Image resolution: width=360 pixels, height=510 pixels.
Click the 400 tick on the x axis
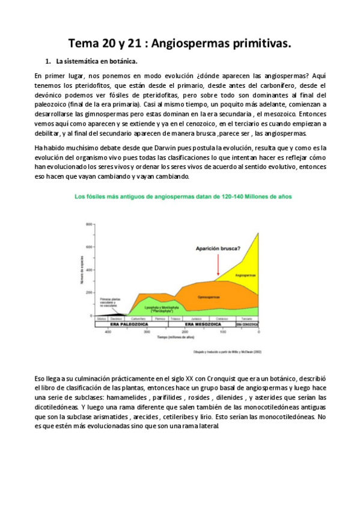(108, 332)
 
